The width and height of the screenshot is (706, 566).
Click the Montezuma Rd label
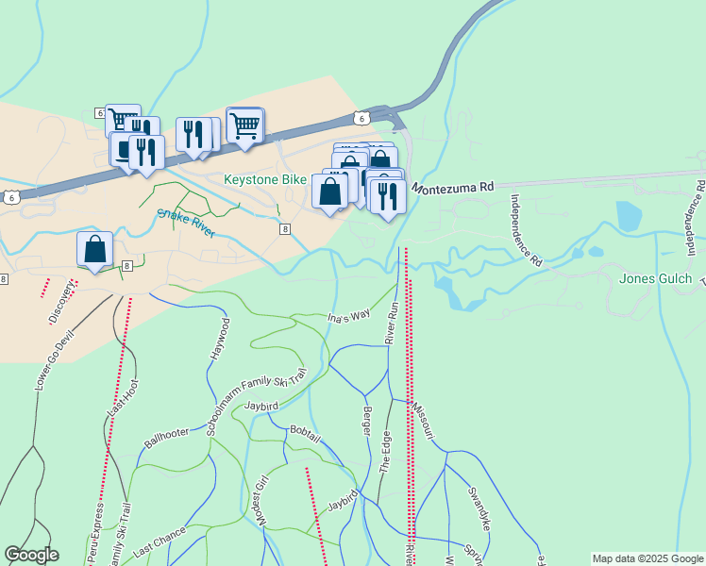pyautogui.click(x=452, y=188)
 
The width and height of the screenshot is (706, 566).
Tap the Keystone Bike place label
pyautogui.click(x=265, y=179)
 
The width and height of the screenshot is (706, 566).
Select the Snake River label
pyautogui.click(x=186, y=224)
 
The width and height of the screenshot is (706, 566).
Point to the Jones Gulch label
pyautogui.click(x=655, y=279)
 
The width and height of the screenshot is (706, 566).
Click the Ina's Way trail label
pyautogui.click(x=348, y=319)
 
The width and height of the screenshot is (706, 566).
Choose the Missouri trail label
pyautogui.click(x=422, y=417)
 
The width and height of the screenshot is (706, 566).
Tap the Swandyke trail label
pyautogui.click(x=479, y=508)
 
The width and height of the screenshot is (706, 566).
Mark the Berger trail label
pyautogui.click(x=367, y=421)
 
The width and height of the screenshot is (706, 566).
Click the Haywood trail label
pyautogui.click(x=218, y=343)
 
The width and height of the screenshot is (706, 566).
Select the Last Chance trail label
pyautogui.click(x=160, y=541)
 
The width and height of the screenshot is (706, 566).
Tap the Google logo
pyautogui.click(x=31, y=555)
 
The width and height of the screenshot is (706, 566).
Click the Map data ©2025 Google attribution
pyautogui.click(x=648, y=558)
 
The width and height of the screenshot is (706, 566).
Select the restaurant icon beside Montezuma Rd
pyautogui.click(x=387, y=196)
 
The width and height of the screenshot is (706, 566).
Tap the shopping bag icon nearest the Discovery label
pyautogui.click(x=95, y=249)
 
